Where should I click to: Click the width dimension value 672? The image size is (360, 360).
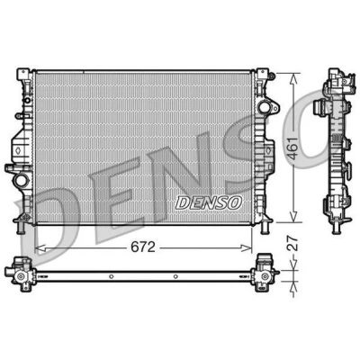coord(143,247)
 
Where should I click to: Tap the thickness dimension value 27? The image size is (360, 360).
coord(293,243)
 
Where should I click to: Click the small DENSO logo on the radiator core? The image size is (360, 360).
coord(208,203)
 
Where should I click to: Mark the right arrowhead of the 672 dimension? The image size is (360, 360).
coord(247,247)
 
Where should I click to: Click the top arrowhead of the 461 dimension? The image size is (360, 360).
coord(293,78)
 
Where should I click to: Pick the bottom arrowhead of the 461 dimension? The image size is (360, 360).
coord(293,217)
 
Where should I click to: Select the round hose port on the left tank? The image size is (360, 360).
coord(21,180)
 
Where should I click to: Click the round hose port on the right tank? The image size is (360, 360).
coord(264,107)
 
